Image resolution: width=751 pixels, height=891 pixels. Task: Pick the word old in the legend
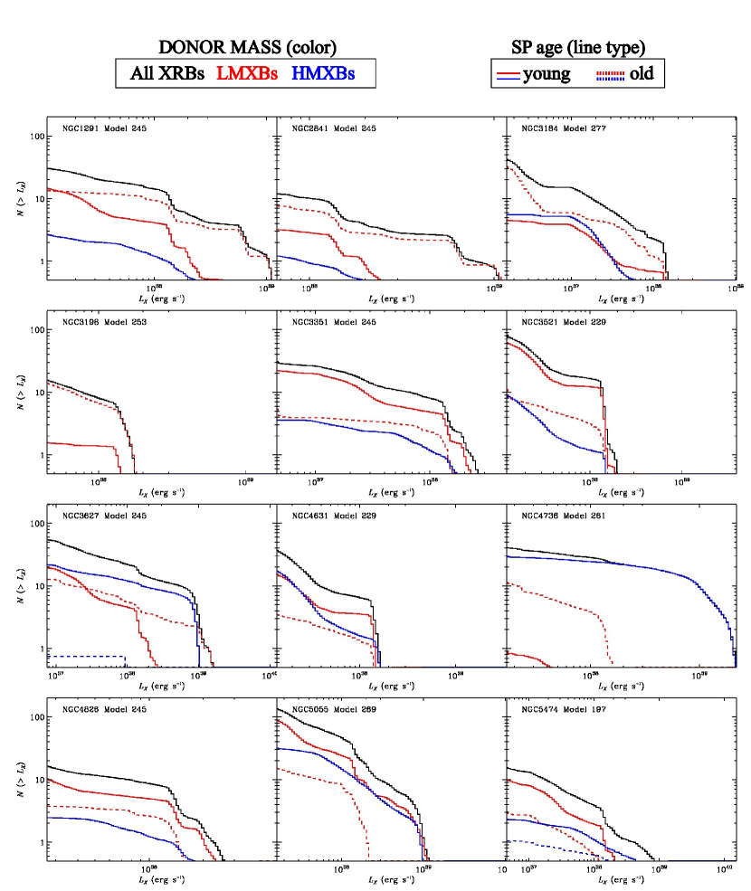[x=643, y=74]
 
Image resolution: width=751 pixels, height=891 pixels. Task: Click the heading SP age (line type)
[x=579, y=48]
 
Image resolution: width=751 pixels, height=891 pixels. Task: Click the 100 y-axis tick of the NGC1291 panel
[x=36, y=137]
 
